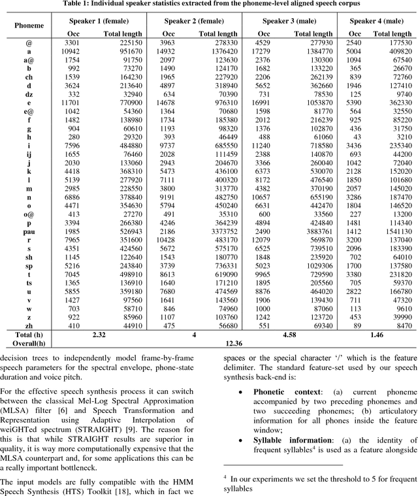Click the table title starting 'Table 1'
click(209, 5)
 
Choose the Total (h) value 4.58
click(289, 333)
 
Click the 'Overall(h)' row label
click(28, 342)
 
